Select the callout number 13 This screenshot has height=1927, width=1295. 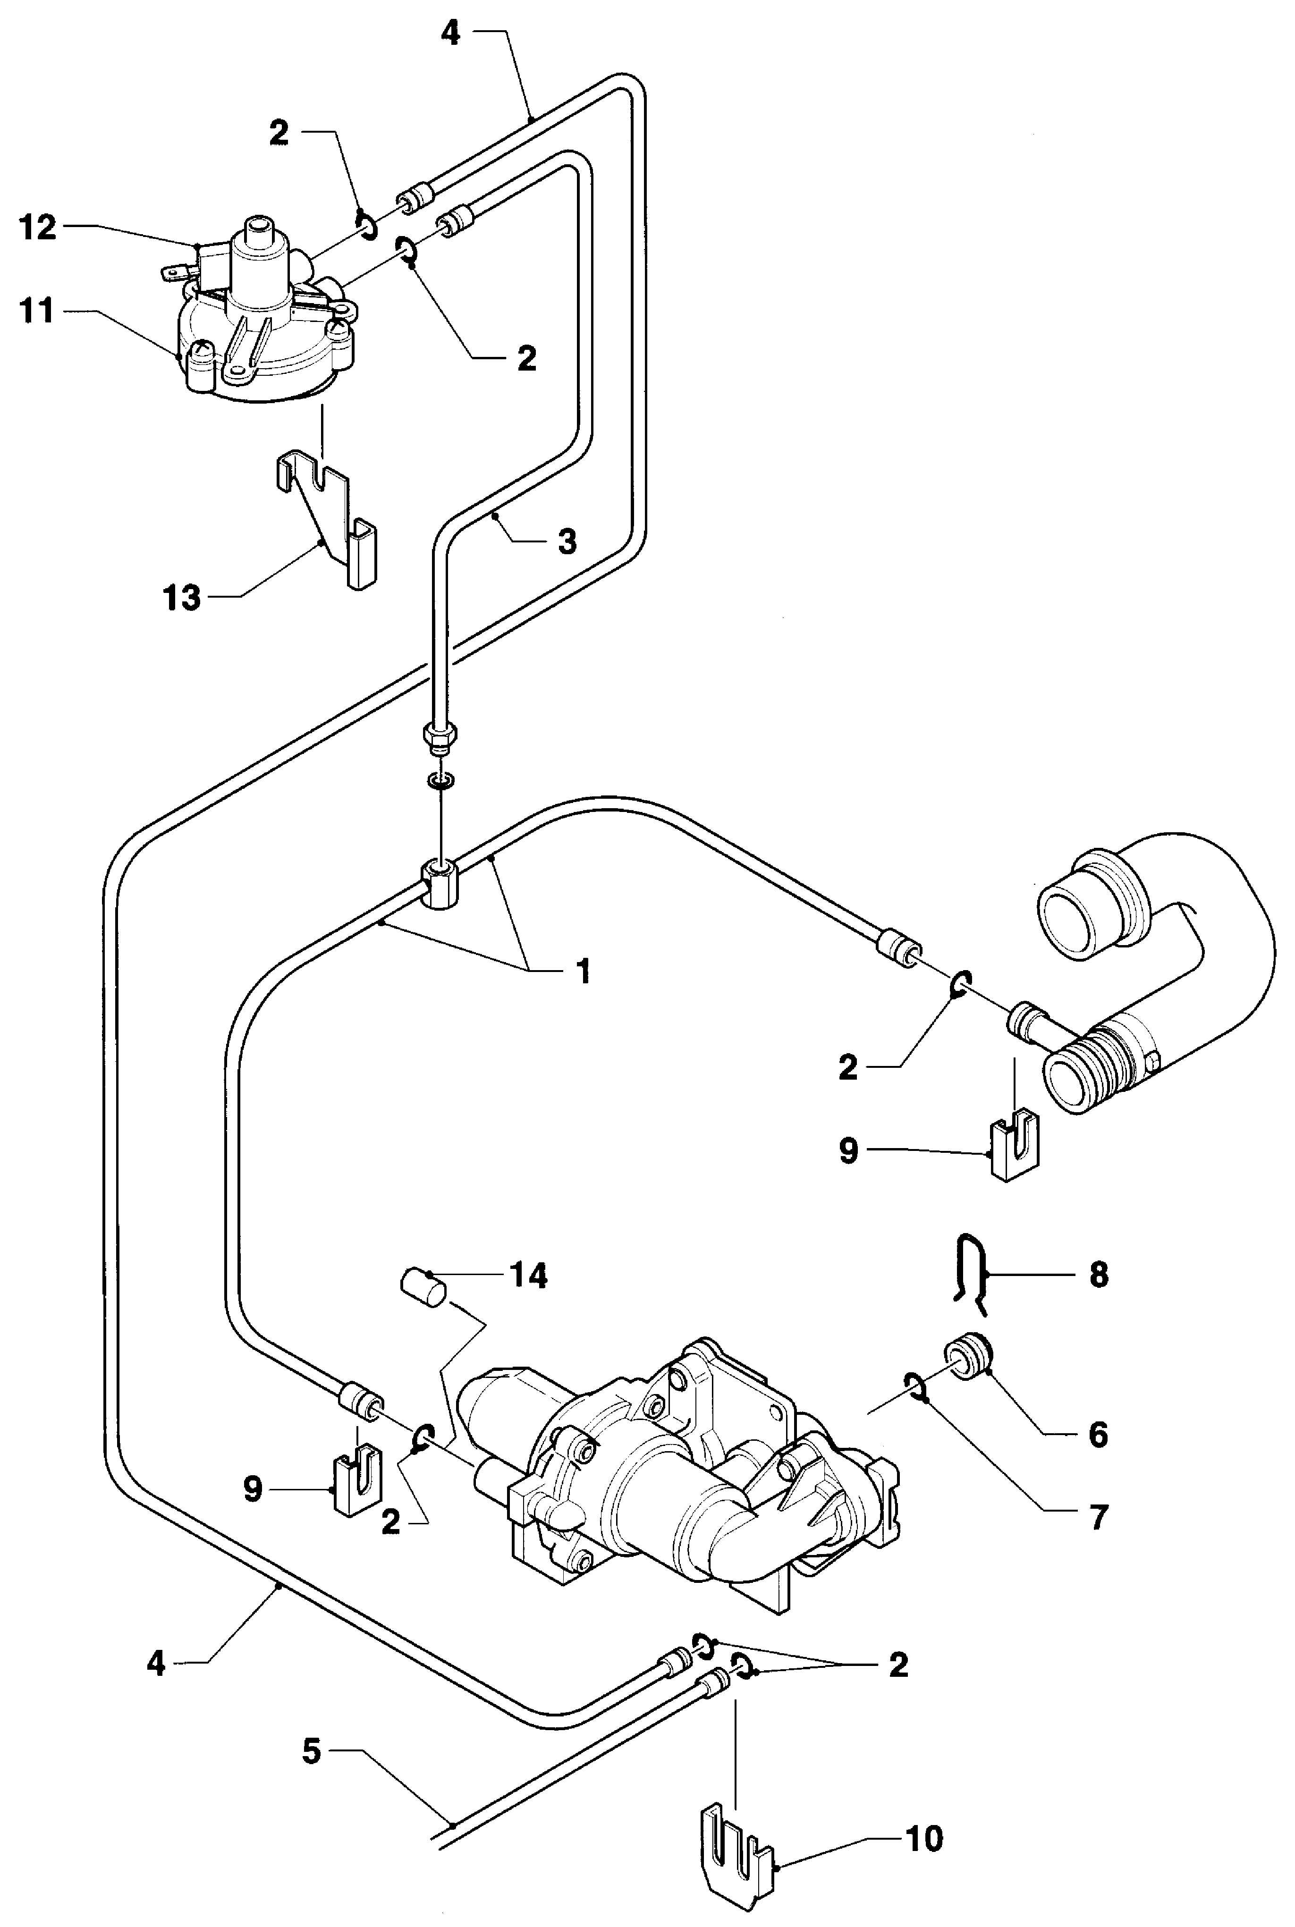(182, 597)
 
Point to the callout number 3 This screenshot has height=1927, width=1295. (567, 541)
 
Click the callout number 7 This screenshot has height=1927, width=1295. (1098, 1518)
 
